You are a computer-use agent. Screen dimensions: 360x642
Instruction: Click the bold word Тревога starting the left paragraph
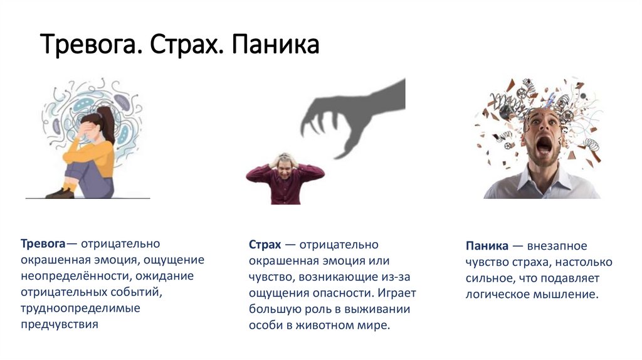click(x=43, y=243)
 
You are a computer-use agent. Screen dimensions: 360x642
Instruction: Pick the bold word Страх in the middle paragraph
click(x=264, y=244)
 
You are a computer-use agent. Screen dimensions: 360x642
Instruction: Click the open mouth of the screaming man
click(x=543, y=145)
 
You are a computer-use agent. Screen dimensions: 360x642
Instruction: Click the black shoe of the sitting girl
click(x=60, y=193)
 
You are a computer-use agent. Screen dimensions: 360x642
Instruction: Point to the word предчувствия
click(x=60, y=324)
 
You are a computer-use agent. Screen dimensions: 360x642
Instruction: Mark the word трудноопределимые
click(x=80, y=308)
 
